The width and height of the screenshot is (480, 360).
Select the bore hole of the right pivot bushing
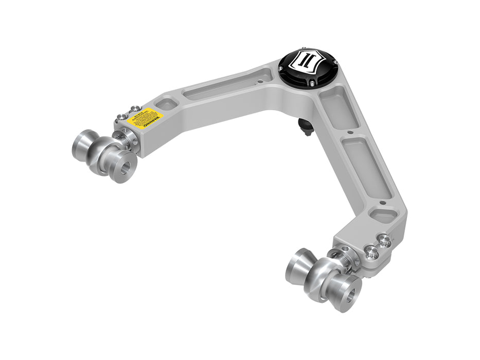pyautogui.click(x=350, y=295)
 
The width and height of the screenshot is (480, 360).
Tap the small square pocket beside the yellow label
pyautogui.click(x=167, y=104)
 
